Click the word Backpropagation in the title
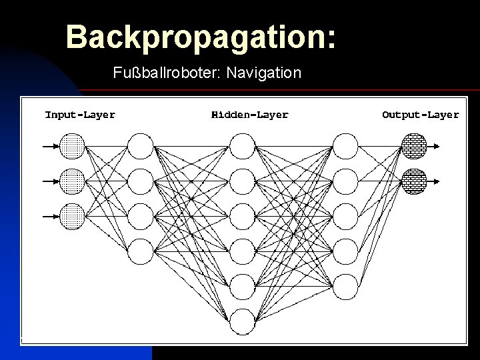coord(197,37)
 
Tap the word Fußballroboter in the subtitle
coord(167,72)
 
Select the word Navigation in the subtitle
coord(264,72)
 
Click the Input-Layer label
coord(80,115)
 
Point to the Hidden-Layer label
coord(250,115)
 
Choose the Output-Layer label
coord(420,115)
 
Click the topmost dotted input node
coord(73,146)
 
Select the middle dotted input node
coord(73,181)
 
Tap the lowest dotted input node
coord(73,216)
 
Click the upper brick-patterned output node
coord(414,146)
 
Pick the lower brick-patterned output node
coord(414,181)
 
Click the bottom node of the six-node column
coord(243,322)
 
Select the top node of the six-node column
coord(243,146)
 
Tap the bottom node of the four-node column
coord(141,251)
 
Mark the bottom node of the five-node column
coord(345,287)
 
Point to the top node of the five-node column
coord(345,146)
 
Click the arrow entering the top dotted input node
coord(50,146)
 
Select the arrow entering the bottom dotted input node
coord(50,216)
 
